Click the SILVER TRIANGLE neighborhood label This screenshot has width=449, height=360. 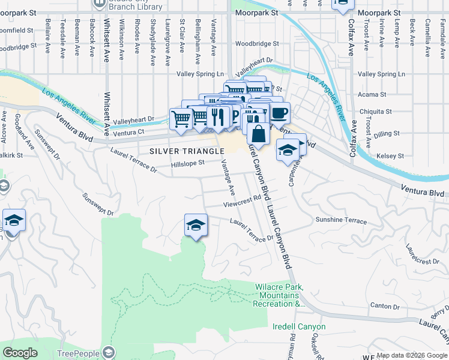click(x=182, y=150)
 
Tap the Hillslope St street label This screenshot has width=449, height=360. click(x=188, y=162)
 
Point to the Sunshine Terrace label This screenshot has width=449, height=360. click(x=341, y=220)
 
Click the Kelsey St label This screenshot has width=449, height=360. click(x=390, y=156)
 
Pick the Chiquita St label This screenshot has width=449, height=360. click(x=375, y=112)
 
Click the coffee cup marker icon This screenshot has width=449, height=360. click(x=279, y=113)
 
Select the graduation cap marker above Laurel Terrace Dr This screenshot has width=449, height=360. click(x=196, y=225)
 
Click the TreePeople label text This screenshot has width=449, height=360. click(x=78, y=353)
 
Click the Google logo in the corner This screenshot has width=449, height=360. click(x=20, y=353)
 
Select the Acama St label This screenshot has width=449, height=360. click(x=372, y=95)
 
